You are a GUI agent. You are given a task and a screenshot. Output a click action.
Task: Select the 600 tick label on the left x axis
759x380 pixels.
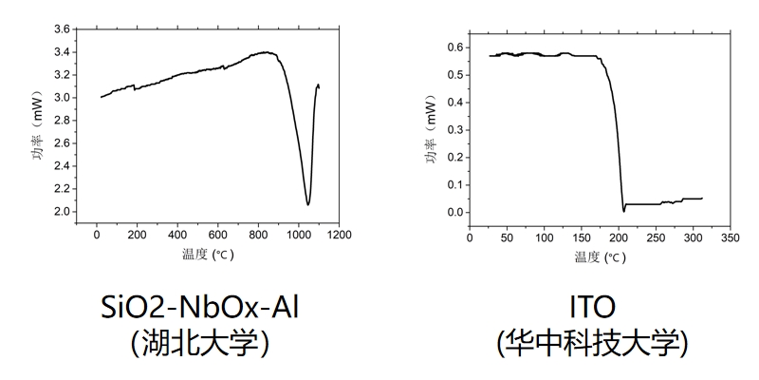217,235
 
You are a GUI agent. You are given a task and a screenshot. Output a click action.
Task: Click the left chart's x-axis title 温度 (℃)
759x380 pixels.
208,255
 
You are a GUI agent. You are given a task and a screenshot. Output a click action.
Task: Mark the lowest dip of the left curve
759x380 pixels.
308,204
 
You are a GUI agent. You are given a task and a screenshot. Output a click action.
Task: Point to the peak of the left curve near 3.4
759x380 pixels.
268,52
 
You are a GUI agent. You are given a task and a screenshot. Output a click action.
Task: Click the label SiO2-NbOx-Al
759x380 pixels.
206,307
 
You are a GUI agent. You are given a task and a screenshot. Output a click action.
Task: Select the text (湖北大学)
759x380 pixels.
206,341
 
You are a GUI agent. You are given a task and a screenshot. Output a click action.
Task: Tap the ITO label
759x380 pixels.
591,307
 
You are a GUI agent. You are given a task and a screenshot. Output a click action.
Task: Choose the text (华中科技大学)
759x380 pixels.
591,341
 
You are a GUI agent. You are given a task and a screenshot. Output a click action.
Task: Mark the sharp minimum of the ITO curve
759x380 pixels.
623,211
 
